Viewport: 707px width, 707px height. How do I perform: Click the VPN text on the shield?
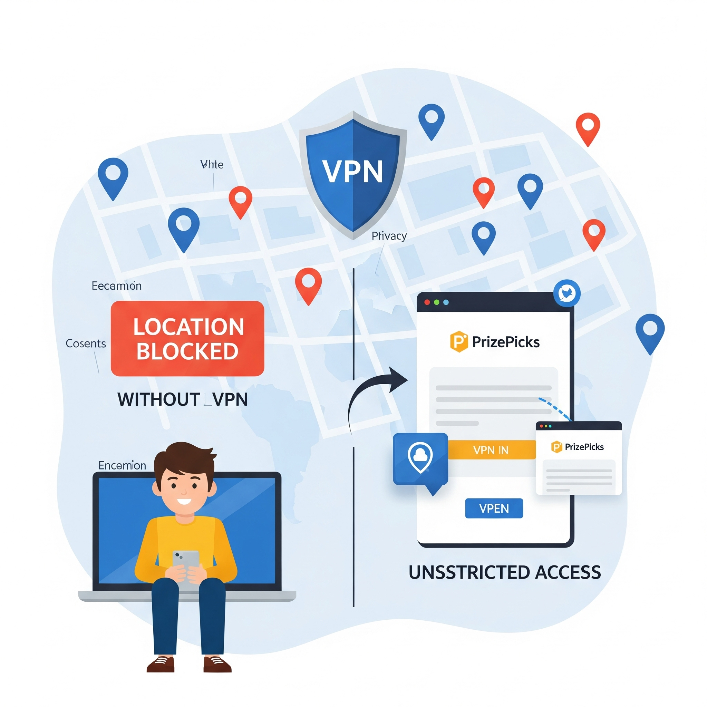click(352, 172)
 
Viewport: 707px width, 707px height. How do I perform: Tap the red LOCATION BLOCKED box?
click(187, 339)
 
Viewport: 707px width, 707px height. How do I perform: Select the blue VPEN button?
click(494, 508)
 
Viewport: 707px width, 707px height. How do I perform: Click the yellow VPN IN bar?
click(491, 450)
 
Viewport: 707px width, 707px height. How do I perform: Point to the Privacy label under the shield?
click(389, 236)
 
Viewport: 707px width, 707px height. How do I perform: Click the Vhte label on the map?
click(212, 165)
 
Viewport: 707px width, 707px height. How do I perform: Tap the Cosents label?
click(86, 343)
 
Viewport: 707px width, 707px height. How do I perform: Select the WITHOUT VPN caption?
click(182, 399)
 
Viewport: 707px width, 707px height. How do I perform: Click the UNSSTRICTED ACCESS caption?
click(504, 572)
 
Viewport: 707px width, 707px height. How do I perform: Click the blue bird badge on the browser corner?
click(567, 293)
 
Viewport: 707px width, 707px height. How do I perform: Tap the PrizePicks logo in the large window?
click(495, 341)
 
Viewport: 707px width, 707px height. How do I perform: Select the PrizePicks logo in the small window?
click(577, 447)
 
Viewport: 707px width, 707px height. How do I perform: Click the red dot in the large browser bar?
click(427, 302)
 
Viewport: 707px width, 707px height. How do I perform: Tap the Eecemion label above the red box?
click(116, 286)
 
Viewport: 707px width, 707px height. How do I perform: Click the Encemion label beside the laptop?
click(122, 465)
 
